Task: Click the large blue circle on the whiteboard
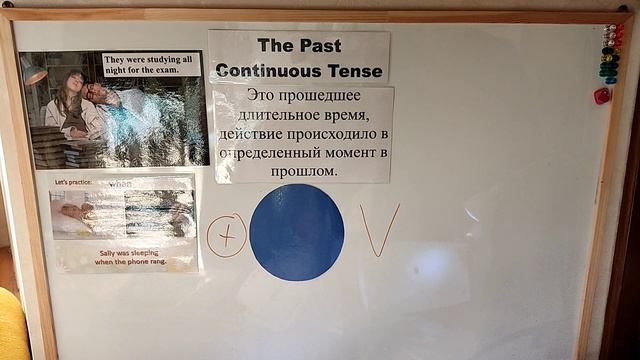point(296,232)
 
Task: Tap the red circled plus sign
point(227,235)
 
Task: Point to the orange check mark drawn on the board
point(379,230)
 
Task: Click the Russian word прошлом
point(303,171)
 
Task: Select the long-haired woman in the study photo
point(71,105)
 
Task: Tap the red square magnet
point(602,96)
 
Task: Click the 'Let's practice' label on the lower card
point(73,183)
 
